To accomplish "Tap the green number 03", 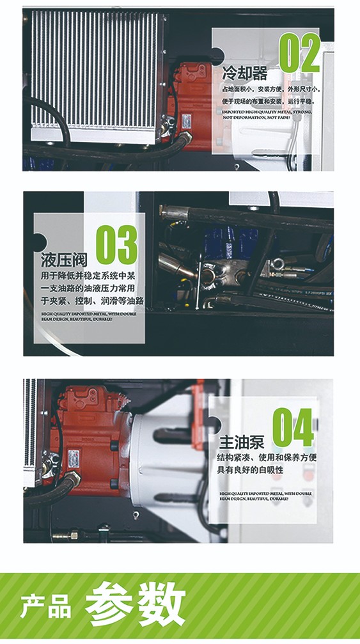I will pos(116,244).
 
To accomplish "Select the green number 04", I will pos(293,427).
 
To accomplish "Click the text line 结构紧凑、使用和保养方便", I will pos(268,458).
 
